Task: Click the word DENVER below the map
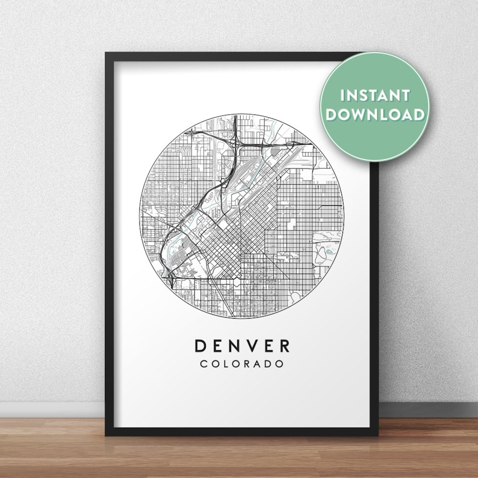[x=242, y=345]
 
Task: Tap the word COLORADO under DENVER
[x=242, y=364]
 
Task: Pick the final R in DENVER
[x=284, y=345]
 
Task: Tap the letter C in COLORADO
[x=204, y=364]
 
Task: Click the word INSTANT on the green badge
[x=375, y=96]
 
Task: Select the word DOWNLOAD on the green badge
[x=375, y=115]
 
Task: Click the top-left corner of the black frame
[x=106, y=54]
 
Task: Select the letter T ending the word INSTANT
[x=406, y=96]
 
